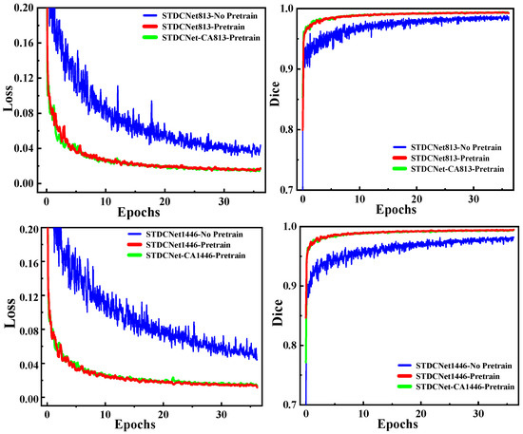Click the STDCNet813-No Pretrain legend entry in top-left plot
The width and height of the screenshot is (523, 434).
click(194, 16)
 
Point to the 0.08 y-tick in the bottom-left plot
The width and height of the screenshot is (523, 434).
click(28, 330)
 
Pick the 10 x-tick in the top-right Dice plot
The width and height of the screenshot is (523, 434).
click(360, 199)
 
